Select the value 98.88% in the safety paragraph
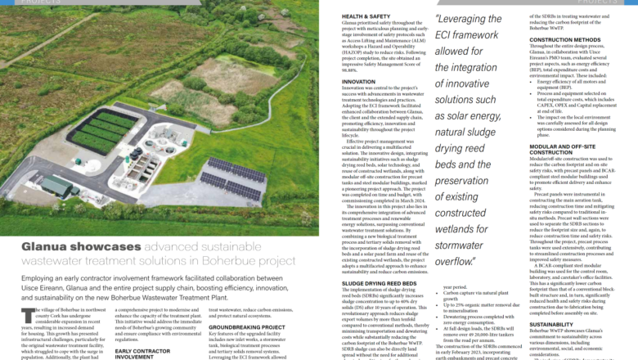(x=353, y=70)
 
